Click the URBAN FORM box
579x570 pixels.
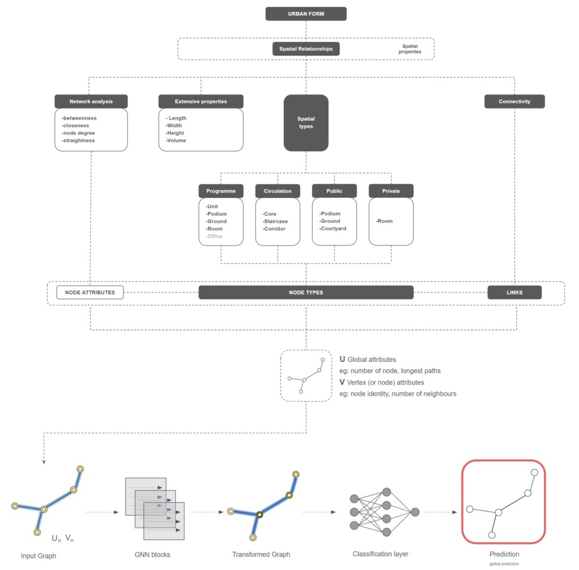(x=306, y=14)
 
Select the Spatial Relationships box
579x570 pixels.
(x=306, y=49)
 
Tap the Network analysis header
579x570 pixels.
(x=91, y=102)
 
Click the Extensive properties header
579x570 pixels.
(x=201, y=102)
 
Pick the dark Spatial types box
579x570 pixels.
(x=306, y=123)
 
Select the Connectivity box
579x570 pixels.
(x=515, y=102)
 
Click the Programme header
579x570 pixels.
(x=221, y=191)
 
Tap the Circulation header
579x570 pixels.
(x=278, y=191)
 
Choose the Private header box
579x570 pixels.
(x=391, y=191)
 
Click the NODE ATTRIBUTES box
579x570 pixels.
(x=90, y=292)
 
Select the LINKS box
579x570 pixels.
(x=515, y=292)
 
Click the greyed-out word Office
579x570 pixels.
(x=214, y=236)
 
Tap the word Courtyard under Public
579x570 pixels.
(x=333, y=228)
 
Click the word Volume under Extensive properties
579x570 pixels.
(x=176, y=140)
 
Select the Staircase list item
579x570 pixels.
(x=275, y=221)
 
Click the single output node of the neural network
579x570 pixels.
(x=415, y=512)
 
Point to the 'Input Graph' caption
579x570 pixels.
(x=38, y=556)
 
